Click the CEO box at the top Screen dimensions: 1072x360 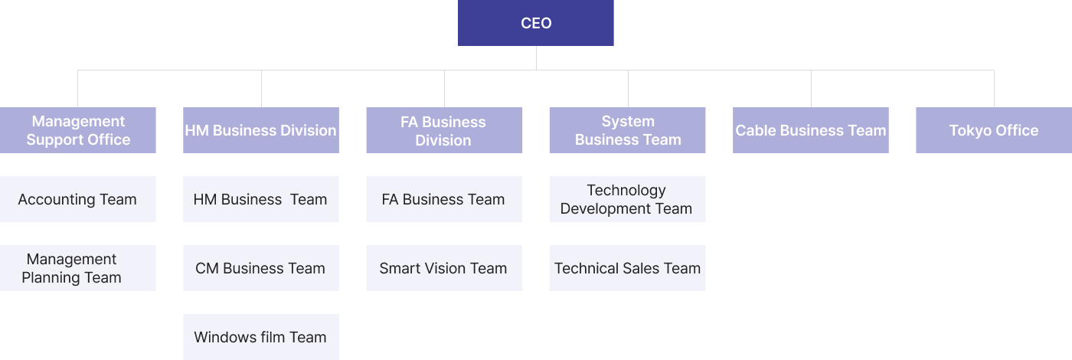coord(535,23)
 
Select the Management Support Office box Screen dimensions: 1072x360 coord(78,130)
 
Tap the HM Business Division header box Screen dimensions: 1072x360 coord(261,130)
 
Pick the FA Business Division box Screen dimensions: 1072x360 coord(444,130)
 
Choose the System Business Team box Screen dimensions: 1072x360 coord(627,130)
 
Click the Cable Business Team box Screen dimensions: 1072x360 coord(811,130)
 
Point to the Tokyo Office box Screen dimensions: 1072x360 coord(994,130)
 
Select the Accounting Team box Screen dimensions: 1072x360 coord(78,199)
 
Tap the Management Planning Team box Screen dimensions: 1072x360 coord(78,268)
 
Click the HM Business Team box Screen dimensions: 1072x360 coord(261,199)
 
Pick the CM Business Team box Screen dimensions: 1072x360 coord(261,268)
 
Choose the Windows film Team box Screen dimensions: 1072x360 coord(261,337)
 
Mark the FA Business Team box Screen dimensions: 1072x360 coord(444,199)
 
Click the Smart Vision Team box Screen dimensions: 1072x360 coord(444,268)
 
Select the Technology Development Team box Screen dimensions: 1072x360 coord(627,199)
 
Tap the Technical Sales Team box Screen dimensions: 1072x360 coord(627,268)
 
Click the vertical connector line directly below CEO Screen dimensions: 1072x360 coord(536,58)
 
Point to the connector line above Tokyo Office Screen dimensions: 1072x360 coord(994,89)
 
